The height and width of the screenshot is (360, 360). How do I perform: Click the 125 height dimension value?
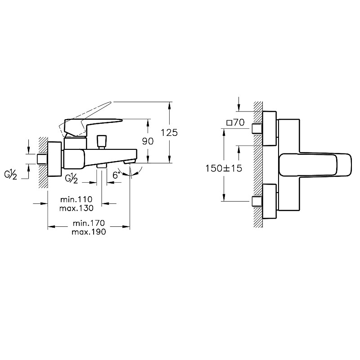169,132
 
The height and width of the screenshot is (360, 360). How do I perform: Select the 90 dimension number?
148,141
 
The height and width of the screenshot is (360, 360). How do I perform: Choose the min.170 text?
88,223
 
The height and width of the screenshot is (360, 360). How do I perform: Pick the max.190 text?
88,232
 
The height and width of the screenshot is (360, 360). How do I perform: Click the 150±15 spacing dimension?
224,167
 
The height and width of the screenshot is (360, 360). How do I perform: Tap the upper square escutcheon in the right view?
269,129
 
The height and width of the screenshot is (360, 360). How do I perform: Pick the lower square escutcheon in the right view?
269,202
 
